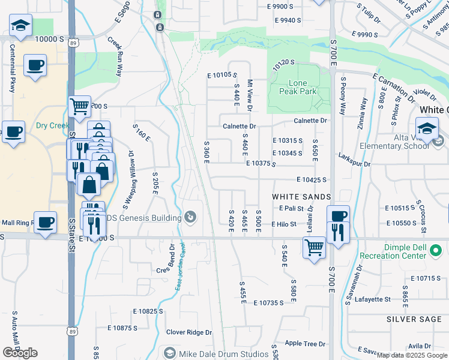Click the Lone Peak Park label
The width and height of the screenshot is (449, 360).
point(298,88)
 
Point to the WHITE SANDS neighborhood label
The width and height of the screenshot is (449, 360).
point(301,197)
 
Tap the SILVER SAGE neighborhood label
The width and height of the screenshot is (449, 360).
point(414,319)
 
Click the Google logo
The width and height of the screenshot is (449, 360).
point(20,353)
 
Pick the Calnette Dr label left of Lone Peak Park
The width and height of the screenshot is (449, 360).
point(239,127)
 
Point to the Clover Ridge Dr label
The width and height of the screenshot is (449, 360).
point(189,332)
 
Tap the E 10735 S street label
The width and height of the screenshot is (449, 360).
point(268,303)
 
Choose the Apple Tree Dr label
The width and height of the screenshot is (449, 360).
point(305,344)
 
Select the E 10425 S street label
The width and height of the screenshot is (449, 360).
point(311,179)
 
